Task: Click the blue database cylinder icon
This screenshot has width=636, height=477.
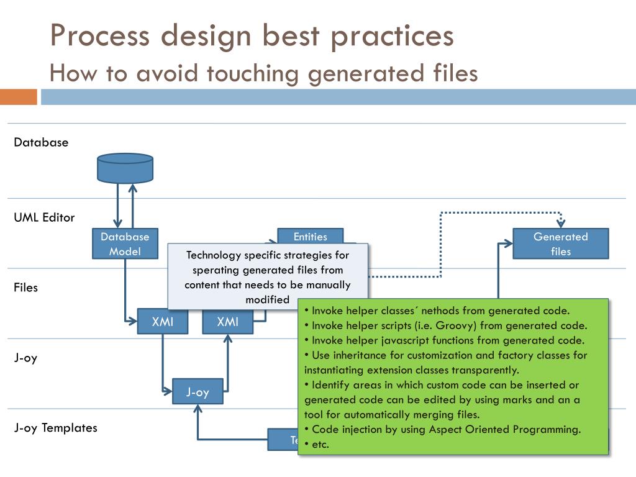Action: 125,168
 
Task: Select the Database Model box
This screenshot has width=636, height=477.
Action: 125,243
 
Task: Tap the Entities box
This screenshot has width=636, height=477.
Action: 310,236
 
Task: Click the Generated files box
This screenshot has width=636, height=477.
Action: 560,243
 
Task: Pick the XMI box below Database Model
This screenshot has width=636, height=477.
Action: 163,321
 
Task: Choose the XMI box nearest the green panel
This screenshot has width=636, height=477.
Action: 228,321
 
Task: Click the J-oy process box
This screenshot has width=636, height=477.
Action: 198,392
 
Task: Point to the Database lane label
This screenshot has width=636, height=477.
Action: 41,142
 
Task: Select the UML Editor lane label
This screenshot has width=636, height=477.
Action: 44,217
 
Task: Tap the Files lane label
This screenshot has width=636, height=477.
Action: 26,288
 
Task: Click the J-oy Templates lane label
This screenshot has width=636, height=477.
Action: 55,427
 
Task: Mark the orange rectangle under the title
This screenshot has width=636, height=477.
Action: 19,97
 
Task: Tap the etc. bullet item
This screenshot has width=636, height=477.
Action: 320,444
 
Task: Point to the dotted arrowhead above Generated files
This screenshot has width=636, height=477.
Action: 561,223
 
